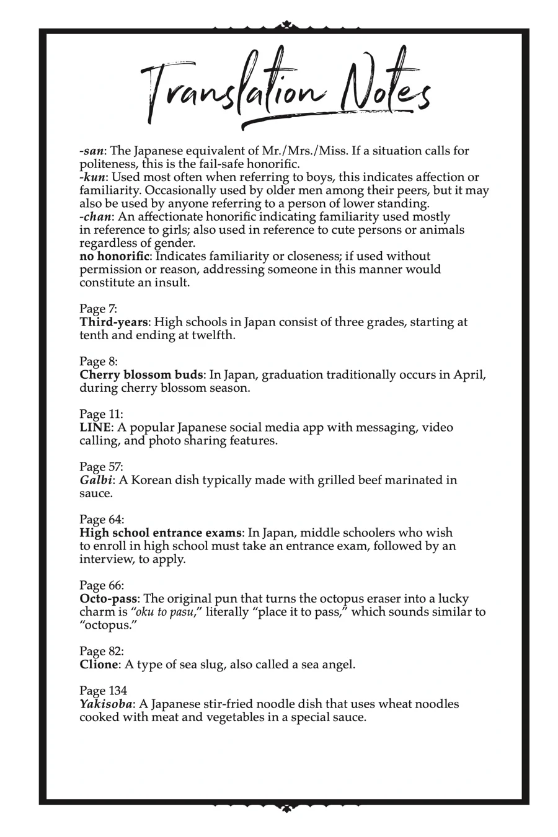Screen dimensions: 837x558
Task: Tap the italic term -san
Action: point(91,151)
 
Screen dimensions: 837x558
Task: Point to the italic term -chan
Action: point(95,217)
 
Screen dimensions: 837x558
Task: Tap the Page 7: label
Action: point(98,309)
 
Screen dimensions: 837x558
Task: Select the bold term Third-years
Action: point(114,322)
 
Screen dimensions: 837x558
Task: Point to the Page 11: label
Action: point(101,414)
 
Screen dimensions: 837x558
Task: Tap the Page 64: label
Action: point(102,520)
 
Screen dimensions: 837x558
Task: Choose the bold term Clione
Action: point(99,665)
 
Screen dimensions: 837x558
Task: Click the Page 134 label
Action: point(103,691)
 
